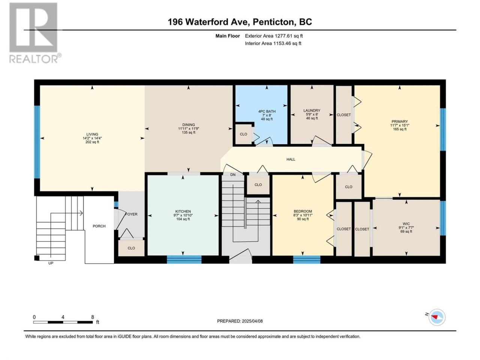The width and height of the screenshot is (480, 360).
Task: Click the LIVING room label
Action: click(92, 134)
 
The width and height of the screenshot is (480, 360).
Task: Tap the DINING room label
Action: click(189, 125)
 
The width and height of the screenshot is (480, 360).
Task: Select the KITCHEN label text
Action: click(183, 211)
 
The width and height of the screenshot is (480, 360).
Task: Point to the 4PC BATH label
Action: click(267, 111)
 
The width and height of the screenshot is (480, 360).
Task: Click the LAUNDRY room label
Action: click(312, 111)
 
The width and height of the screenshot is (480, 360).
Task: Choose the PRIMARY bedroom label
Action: click(399, 121)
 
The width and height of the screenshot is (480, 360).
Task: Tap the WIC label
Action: click(406, 223)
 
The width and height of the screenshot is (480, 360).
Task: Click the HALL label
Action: click(291, 159)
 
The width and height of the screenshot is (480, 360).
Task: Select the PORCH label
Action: click(99, 226)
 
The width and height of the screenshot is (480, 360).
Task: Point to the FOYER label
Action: click(131, 214)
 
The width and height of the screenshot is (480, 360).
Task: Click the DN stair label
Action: click(233, 175)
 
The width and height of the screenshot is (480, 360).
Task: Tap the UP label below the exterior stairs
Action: click(51, 263)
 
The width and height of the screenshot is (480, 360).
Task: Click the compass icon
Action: click(437, 317)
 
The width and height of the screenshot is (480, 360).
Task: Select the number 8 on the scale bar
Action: click(93, 317)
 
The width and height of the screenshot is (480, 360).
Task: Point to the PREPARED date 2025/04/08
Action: click(252, 321)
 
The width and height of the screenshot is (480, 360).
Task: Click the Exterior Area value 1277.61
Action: click(283, 36)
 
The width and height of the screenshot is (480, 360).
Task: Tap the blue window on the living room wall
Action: click(37, 142)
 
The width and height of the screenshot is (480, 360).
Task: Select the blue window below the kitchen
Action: click(184, 259)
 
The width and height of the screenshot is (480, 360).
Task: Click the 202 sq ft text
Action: click(92, 142)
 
